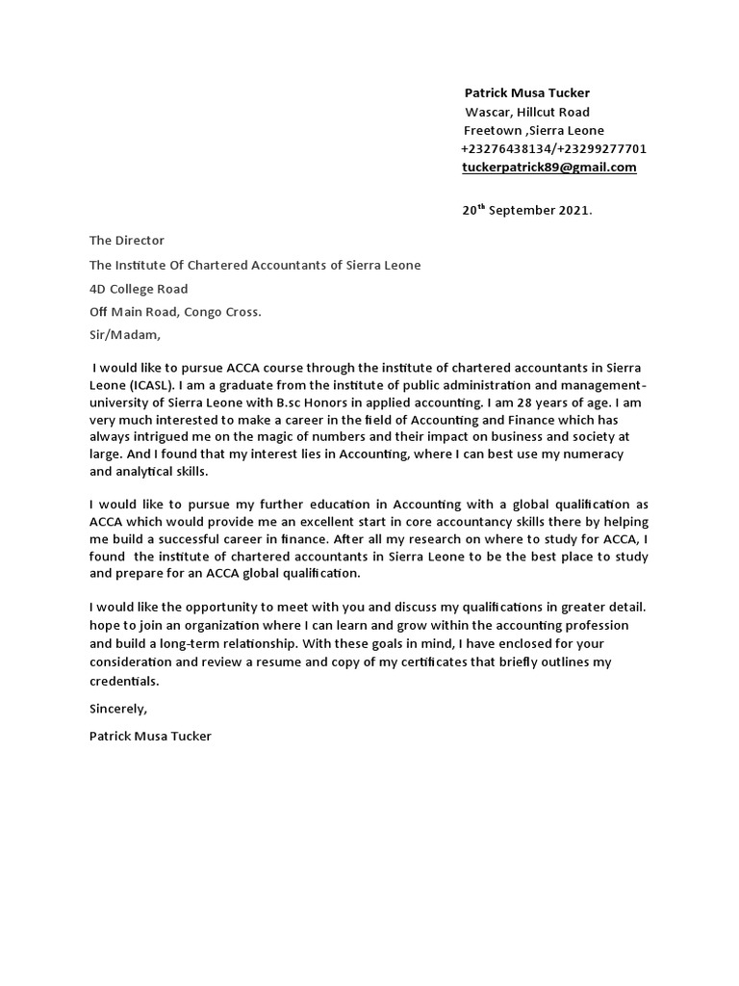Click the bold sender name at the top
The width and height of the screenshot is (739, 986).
tap(527, 93)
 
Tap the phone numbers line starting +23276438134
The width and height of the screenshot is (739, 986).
tap(553, 149)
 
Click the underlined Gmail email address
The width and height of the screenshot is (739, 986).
tap(549, 168)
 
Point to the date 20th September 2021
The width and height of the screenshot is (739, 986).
tap(526, 210)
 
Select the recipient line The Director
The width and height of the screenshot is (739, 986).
tap(127, 241)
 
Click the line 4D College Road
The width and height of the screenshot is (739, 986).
tap(139, 289)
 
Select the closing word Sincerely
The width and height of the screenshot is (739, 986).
tap(118, 709)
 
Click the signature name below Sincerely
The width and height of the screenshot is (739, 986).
tap(149, 737)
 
